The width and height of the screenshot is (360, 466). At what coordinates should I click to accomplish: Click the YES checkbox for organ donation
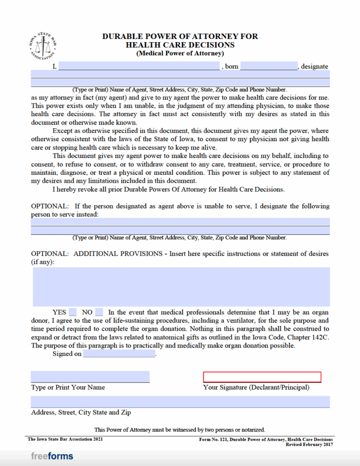(73, 312)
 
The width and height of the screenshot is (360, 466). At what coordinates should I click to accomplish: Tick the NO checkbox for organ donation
(99, 312)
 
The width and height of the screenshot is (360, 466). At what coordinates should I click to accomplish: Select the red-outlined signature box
(262, 377)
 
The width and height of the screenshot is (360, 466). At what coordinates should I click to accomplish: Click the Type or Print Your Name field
(90, 377)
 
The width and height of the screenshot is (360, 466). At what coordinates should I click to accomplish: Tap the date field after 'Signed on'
(119, 354)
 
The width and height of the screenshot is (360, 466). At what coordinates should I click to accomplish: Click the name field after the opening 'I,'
(139, 66)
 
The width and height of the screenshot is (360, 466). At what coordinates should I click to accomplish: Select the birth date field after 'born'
(269, 66)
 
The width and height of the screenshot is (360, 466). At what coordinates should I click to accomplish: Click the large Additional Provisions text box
(180, 287)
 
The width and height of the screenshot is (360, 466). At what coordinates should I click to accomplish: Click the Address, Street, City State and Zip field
(180, 401)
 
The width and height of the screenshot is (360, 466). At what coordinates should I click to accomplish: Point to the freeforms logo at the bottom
(52, 456)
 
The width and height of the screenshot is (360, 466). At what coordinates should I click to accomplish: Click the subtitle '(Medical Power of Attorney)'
(180, 53)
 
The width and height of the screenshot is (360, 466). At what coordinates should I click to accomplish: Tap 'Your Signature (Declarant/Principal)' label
(256, 387)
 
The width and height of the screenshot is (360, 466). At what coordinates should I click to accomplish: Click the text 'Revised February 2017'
(309, 444)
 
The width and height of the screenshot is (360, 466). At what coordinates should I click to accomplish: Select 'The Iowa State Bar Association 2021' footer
(65, 439)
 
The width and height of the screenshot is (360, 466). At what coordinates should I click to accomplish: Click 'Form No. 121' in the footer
(212, 440)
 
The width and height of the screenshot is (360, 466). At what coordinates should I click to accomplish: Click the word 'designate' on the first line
(315, 67)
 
